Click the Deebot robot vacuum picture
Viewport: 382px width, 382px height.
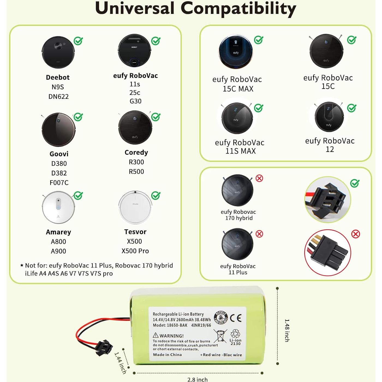coord(58,52)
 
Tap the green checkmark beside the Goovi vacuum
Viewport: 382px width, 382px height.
coord(78,117)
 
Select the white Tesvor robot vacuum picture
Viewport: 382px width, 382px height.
coord(135,207)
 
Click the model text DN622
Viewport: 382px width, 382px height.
coord(58,97)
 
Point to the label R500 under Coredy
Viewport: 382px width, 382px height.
coord(136,172)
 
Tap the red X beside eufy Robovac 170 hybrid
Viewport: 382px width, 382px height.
coord(259,178)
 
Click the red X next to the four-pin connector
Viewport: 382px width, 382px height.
coord(356,234)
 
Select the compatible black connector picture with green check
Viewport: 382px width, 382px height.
coord(327,199)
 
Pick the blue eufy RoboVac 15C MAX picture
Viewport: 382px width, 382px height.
coord(236,52)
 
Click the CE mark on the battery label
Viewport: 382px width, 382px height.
coord(236,318)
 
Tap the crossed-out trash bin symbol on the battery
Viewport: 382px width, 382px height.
coord(220,336)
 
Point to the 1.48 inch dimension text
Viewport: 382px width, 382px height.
coord(287,330)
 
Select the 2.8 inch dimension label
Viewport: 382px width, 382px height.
coord(197,379)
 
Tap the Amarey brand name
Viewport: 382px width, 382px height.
coord(58,232)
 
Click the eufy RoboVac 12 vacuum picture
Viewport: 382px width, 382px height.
coord(329,117)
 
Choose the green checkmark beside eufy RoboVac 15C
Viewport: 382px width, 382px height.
coord(352,40)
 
